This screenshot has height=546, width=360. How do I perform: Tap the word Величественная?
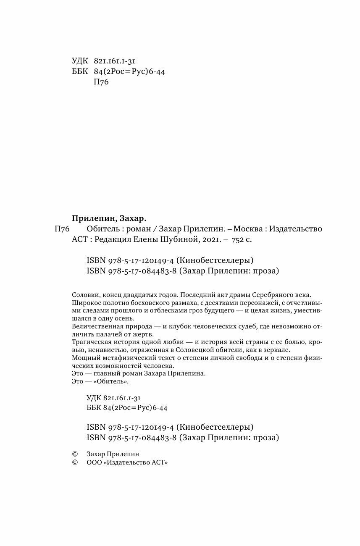pos(97,326)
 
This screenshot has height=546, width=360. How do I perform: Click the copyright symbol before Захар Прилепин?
pos(75,454)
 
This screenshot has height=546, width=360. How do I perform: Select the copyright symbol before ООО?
pos(75,462)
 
